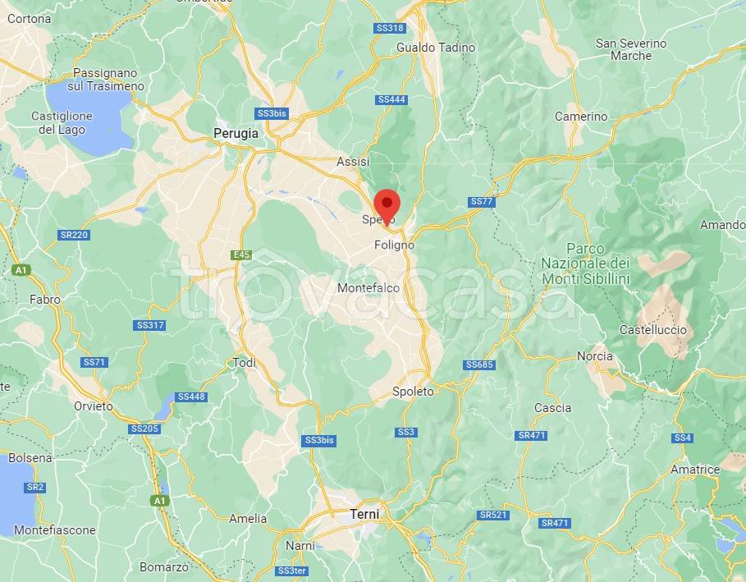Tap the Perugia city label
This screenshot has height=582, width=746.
tap(236, 133)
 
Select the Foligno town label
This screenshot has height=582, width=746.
tap(394, 245)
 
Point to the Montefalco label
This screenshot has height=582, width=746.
tap(368, 288)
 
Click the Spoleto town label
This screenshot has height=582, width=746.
tap(413, 392)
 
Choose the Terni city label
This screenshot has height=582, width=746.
tap(364, 514)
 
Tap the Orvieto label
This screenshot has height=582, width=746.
tap(93, 406)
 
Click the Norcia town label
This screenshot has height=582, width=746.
tap(595, 356)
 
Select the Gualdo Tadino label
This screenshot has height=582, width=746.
tap(436, 48)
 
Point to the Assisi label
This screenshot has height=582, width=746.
tap(353, 162)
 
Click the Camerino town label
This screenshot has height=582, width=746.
tap(581, 117)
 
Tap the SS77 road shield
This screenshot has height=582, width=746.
tap(482, 202)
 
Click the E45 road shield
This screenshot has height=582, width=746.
tap(240, 255)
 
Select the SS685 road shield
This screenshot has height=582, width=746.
tap(479, 364)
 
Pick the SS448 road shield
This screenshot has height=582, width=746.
tap(191, 397)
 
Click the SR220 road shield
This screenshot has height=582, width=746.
tap(74, 235)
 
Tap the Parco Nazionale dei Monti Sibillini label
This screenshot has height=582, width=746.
tap(585, 264)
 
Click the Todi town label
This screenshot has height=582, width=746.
tap(245, 363)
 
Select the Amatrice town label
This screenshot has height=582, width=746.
tap(694, 470)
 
